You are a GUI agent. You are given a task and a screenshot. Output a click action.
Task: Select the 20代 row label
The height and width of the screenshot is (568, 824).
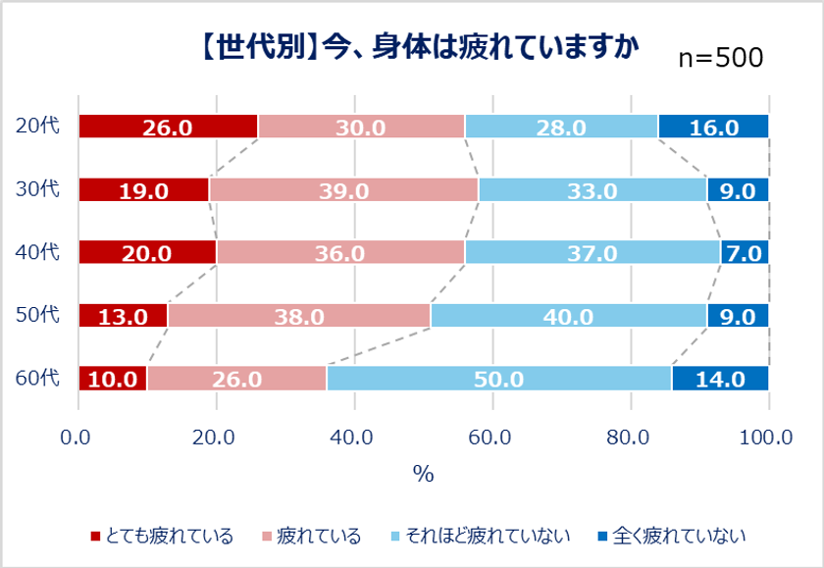click(38, 127)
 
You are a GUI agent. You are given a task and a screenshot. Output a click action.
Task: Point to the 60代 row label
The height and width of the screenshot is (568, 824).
click(38, 378)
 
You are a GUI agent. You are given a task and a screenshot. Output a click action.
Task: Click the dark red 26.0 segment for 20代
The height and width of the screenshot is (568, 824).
click(168, 128)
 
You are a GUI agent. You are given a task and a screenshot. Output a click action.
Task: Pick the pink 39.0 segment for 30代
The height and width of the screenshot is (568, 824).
click(343, 190)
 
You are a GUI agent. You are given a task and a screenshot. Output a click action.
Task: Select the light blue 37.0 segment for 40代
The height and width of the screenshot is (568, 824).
click(592, 253)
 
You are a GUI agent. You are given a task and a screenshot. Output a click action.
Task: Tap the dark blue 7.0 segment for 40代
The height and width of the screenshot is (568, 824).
click(745, 253)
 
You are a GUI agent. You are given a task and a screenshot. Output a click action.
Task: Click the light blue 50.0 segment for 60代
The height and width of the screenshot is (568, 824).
click(498, 379)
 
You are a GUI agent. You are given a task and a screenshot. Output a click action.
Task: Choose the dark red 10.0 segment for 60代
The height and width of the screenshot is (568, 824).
click(113, 379)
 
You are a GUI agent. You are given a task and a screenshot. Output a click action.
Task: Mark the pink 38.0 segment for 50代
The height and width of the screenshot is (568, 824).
click(299, 316)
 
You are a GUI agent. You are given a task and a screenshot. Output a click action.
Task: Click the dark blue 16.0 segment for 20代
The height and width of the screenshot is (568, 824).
click(713, 128)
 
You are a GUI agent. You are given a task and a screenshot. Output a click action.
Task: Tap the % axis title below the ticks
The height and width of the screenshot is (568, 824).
click(423, 474)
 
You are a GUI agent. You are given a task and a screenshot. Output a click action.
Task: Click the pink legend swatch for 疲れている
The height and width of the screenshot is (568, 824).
click(266, 537)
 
